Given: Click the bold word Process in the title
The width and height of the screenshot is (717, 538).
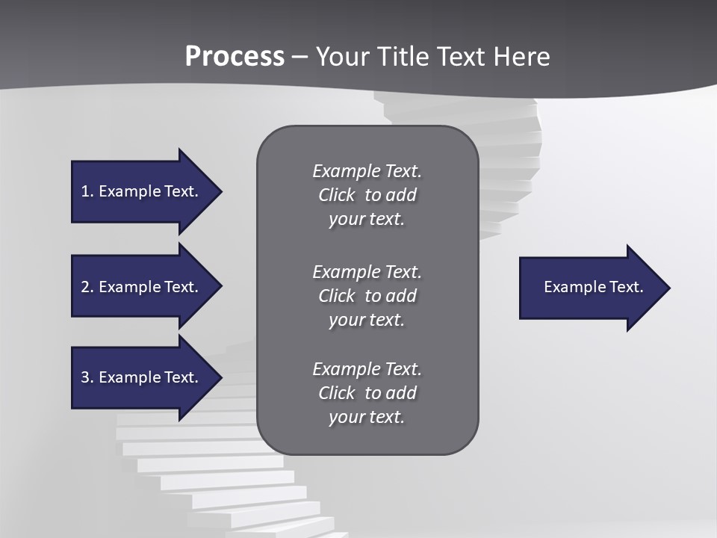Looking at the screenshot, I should (235, 57).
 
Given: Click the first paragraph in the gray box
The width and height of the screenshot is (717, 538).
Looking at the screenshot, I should (367, 195).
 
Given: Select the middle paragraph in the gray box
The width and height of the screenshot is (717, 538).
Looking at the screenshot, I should (367, 295).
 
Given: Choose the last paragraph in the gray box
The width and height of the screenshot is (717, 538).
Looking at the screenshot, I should (367, 393).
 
